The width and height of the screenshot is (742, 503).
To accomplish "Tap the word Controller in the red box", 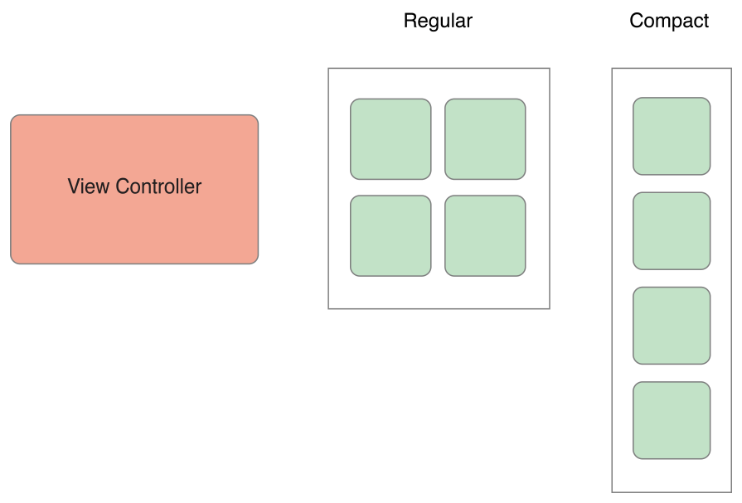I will coord(158,186).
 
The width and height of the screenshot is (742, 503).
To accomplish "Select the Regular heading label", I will coord(438,21).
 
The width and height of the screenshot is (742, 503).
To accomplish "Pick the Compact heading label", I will coord(668,21).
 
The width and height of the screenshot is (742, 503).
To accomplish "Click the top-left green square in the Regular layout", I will coord(390,139).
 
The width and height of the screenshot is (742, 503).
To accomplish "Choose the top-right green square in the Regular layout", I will coord(485,139).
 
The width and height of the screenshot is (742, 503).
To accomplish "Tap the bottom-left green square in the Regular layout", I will coord(390,235).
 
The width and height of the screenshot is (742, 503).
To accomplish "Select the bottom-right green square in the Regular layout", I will coord(485,235).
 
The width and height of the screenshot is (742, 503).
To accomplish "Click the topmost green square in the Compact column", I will coord(672,136).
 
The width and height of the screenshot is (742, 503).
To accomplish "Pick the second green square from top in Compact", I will coord(672,231).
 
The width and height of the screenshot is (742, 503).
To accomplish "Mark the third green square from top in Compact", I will coord(672,326).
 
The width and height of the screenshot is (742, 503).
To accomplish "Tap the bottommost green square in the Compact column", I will coord(672,420).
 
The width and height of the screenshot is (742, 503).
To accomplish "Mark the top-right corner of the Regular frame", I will coord(549,69).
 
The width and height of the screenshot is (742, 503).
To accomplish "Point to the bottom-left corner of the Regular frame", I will coord(329,308).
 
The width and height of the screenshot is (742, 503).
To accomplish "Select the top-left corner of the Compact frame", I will coord(613,69).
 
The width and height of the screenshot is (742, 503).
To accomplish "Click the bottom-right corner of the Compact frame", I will coord(731,492).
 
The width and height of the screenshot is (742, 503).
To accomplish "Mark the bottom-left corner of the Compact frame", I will coord(613,492).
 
